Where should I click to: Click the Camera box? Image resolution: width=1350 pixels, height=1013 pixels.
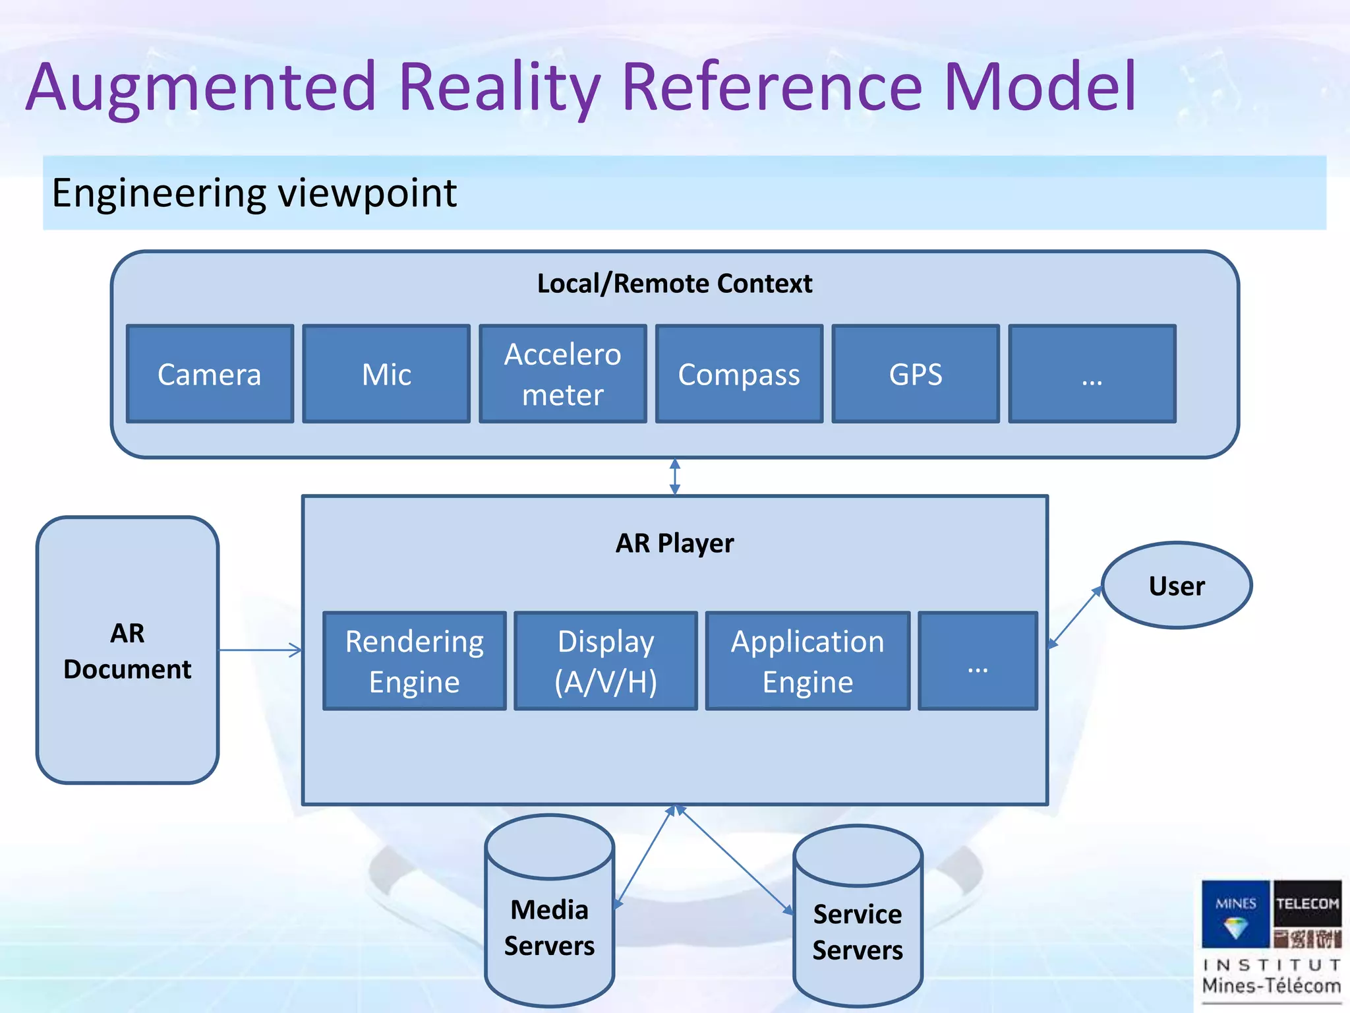pyautogui.click(x=210, y=374)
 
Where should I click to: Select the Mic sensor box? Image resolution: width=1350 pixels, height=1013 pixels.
pyautogui.click(x=386, y=374)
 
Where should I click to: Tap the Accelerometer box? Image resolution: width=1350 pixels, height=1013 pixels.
pyautogui.click(x=562, y=374)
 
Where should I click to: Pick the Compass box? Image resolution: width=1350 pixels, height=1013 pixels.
pyautogui.click(x=739, y=374)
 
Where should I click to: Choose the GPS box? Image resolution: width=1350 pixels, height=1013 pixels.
pyautogui.click(x=915, y=374)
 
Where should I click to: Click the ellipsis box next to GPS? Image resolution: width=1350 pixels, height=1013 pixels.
pyautogui.click(x=1092, y=374)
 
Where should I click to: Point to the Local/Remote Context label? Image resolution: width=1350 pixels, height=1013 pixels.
pyautogui.click(x=674, y=284)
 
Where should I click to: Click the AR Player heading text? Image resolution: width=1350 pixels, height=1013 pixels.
pyautogui.click(x=674, y=543)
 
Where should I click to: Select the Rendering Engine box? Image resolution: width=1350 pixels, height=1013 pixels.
pyautogui.click(x=415, y=661)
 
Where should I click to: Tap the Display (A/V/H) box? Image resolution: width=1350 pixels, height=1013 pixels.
pyautogui.click(x=605, y=661)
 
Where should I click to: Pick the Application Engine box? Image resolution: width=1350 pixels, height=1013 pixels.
pyautogui.click(x=807, y=661)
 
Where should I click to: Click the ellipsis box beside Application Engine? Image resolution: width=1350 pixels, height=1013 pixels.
pyautogui.click(x=978, y=661)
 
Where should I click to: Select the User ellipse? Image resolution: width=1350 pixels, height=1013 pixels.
pyautogui.click(x=1177, y=586)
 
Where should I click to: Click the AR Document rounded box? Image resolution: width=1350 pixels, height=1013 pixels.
pyautogui.click(x=127, y=650)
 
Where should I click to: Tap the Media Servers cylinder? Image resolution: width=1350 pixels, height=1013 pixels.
pyautogui.click(x=550, y=923)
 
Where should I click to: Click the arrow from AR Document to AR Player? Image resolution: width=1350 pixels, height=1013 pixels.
pyautogui.click(x=260, y=650)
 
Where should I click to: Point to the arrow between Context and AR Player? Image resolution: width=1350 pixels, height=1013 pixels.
pyautogui.click(x=674, y=476)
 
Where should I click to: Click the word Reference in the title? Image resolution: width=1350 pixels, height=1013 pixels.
pyautogui.click(x=771, y=87)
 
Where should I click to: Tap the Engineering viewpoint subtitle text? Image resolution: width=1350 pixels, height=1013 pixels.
pyautogui.click(x=254, y=193)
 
